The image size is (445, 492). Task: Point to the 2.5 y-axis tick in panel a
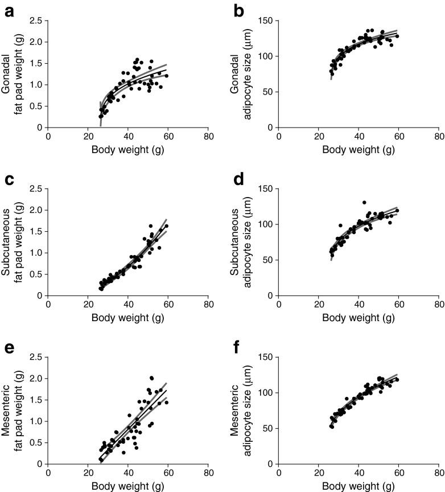pyautogui.click(x=37, y=21)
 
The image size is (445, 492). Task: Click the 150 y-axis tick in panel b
pyautogui.click(x=265, y=21)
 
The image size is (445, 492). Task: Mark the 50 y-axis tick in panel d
pyautogui.click(x=267, y=260)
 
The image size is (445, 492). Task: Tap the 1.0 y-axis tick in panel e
pyautogui.click(x=37, y=421)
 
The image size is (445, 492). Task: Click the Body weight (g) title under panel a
pyautogui.click(x=128, y=150)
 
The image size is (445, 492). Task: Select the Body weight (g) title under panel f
pyautogui.click(x=359, y=486)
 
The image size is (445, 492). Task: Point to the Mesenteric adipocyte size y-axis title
pyautogui.click(x=241, y=410)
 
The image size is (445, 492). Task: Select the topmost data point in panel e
pyautogui.click(x=151, y=378)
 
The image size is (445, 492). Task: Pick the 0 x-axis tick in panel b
pyautogui.click(x=278, y=136)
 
